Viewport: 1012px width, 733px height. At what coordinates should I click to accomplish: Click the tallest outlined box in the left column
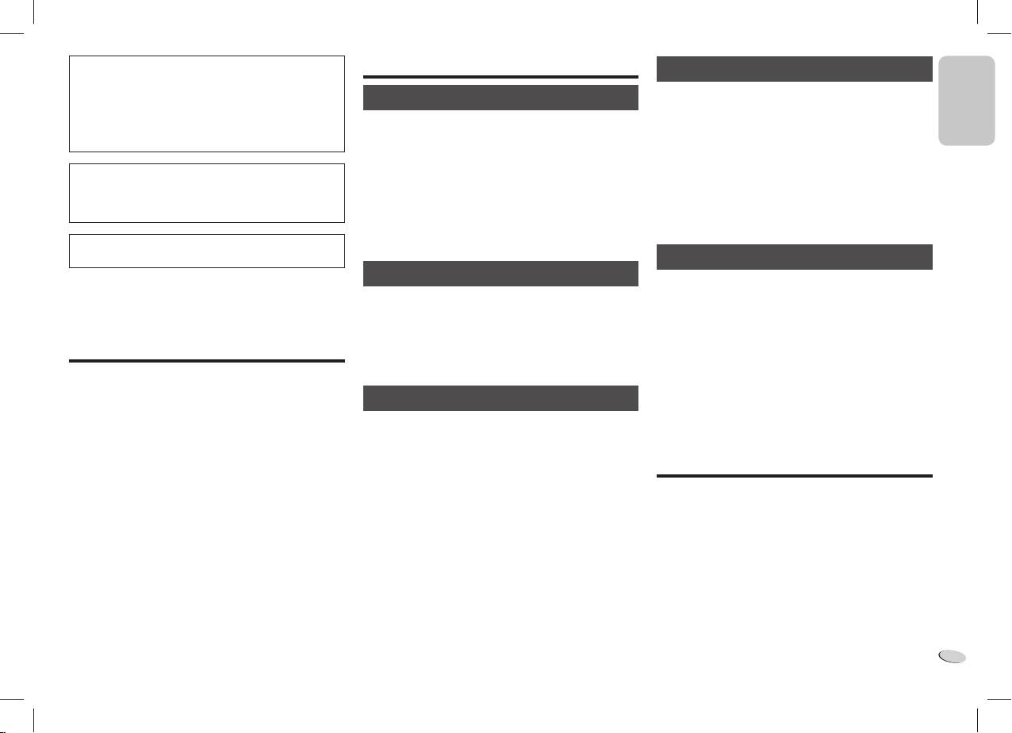point(207,104)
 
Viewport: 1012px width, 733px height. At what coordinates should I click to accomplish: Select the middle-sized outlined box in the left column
point(207,194)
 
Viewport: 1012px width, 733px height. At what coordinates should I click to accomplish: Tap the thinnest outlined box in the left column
point(207,251)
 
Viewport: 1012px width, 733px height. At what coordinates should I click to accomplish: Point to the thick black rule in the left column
point(207,362)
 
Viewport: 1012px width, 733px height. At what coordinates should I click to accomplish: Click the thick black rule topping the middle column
point(500,77)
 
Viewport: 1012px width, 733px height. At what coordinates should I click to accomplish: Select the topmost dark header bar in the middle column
point(500,98)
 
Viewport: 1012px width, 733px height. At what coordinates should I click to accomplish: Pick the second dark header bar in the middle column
point(500,274)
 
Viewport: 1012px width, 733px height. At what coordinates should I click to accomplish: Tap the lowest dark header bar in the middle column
point(500,398)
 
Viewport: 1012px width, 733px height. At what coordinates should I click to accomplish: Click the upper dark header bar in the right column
point(795,69)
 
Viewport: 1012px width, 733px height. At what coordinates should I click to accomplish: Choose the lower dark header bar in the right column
point(795,257)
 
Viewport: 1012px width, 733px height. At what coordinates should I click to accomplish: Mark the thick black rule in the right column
point(795,476)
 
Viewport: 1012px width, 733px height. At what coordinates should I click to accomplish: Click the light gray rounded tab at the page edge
point(966,101)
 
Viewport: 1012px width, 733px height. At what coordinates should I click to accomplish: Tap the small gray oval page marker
point(953,656)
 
